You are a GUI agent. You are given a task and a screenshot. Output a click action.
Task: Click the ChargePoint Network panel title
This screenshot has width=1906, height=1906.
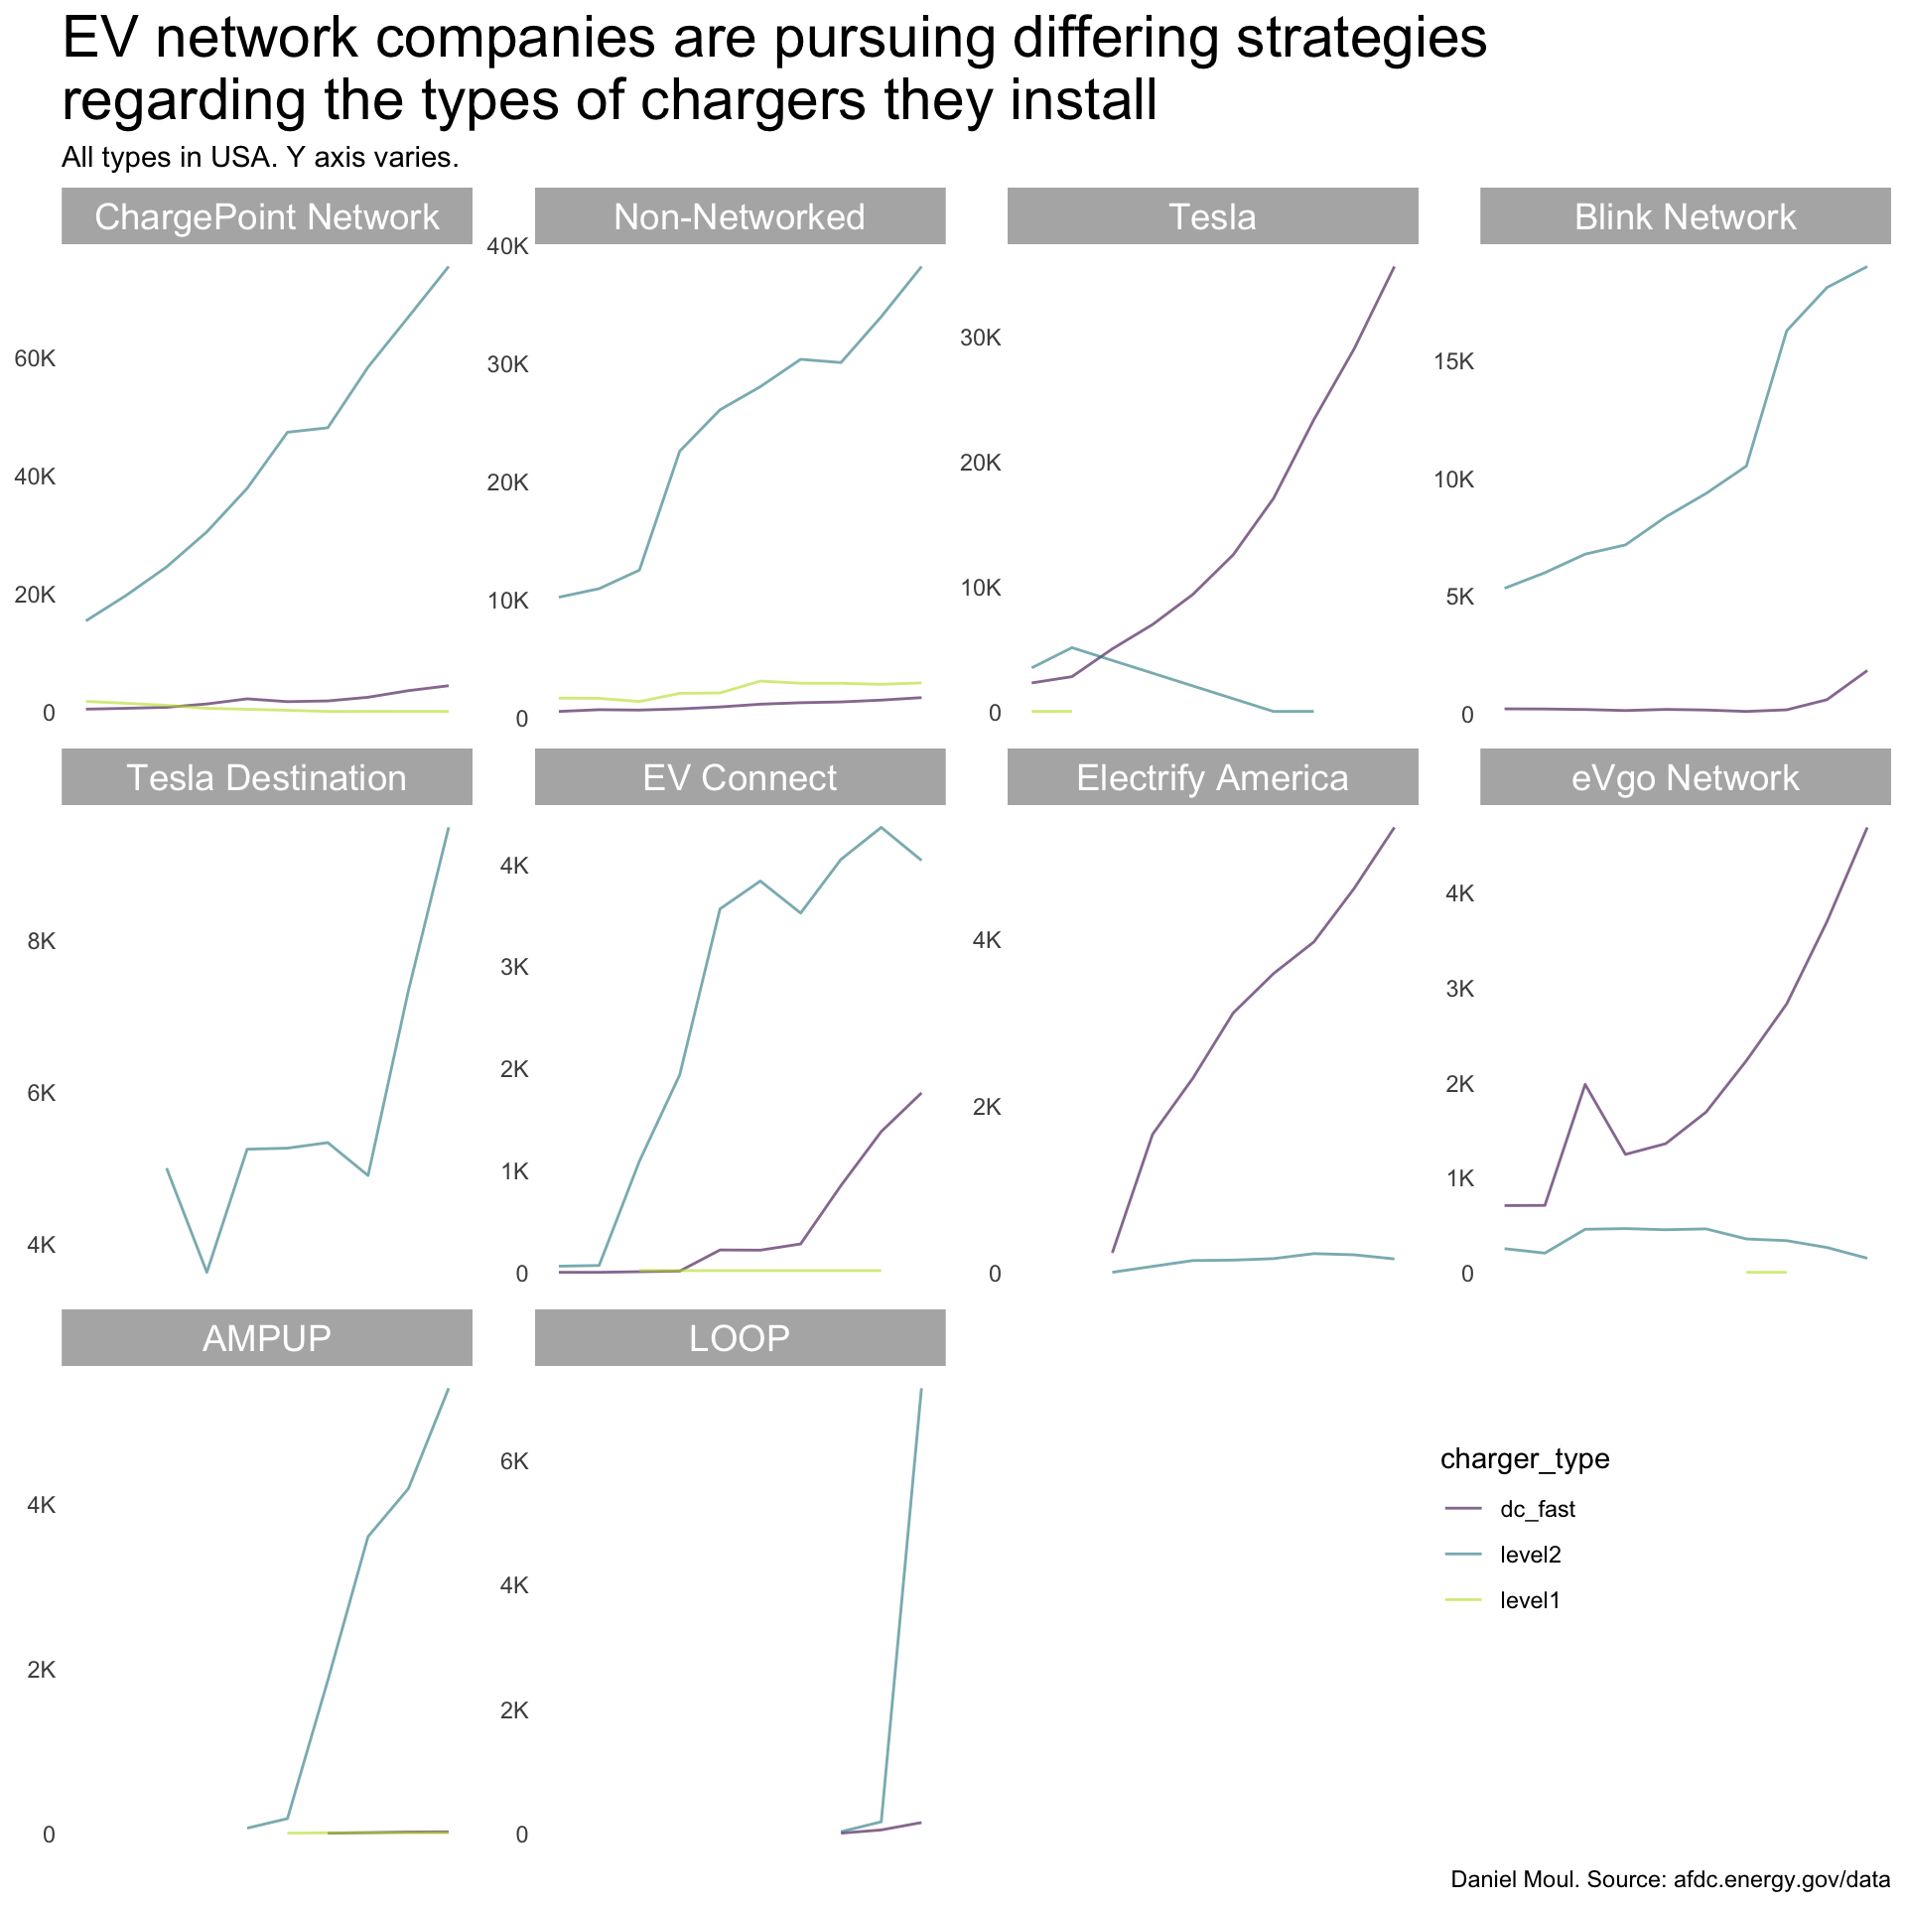point(266,217)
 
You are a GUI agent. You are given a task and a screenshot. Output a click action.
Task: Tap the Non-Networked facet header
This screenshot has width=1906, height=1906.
point(739,217)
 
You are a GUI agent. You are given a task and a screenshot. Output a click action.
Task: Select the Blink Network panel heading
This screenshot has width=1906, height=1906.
point(1685,217)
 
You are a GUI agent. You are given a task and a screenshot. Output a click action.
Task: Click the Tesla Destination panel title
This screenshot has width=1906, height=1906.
point(266,778)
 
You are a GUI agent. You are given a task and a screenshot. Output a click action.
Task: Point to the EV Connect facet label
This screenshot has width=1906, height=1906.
point(739,778)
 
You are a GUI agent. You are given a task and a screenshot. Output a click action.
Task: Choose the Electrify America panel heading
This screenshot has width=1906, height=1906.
point(1212,778)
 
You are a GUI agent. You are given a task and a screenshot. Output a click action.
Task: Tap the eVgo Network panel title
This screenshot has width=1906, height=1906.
point(1685,778)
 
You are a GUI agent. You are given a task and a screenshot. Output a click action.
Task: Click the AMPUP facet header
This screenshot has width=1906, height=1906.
point(266,1339)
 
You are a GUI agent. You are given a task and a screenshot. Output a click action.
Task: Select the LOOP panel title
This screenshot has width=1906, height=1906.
point(739,1339)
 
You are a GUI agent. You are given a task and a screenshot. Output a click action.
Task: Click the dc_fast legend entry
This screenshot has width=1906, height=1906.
point(1537,1510)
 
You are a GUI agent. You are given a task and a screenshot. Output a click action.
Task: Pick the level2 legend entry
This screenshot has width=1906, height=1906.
point(1530,1556)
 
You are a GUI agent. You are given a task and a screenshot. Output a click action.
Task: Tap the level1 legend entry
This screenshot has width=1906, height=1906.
point(1530,1601)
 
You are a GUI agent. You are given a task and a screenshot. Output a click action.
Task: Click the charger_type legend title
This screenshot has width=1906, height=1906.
point(1525,1459)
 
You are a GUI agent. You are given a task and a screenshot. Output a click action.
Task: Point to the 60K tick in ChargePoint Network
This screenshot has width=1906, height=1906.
point(35,358)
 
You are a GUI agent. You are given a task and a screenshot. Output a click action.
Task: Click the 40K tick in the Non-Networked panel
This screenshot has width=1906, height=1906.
point(507,246)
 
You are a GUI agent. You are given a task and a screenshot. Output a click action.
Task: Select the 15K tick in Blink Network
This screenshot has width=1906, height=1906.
point(1453,361)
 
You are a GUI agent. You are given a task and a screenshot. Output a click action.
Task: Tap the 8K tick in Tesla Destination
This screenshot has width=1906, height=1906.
point(41,941)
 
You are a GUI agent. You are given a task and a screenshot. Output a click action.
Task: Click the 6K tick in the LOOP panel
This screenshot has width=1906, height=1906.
point(514,1461)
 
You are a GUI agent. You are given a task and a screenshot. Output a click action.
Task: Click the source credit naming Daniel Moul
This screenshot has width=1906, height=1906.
point(1670,1879)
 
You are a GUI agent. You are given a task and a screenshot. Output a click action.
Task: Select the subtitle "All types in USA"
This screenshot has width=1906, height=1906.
point(260,158)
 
